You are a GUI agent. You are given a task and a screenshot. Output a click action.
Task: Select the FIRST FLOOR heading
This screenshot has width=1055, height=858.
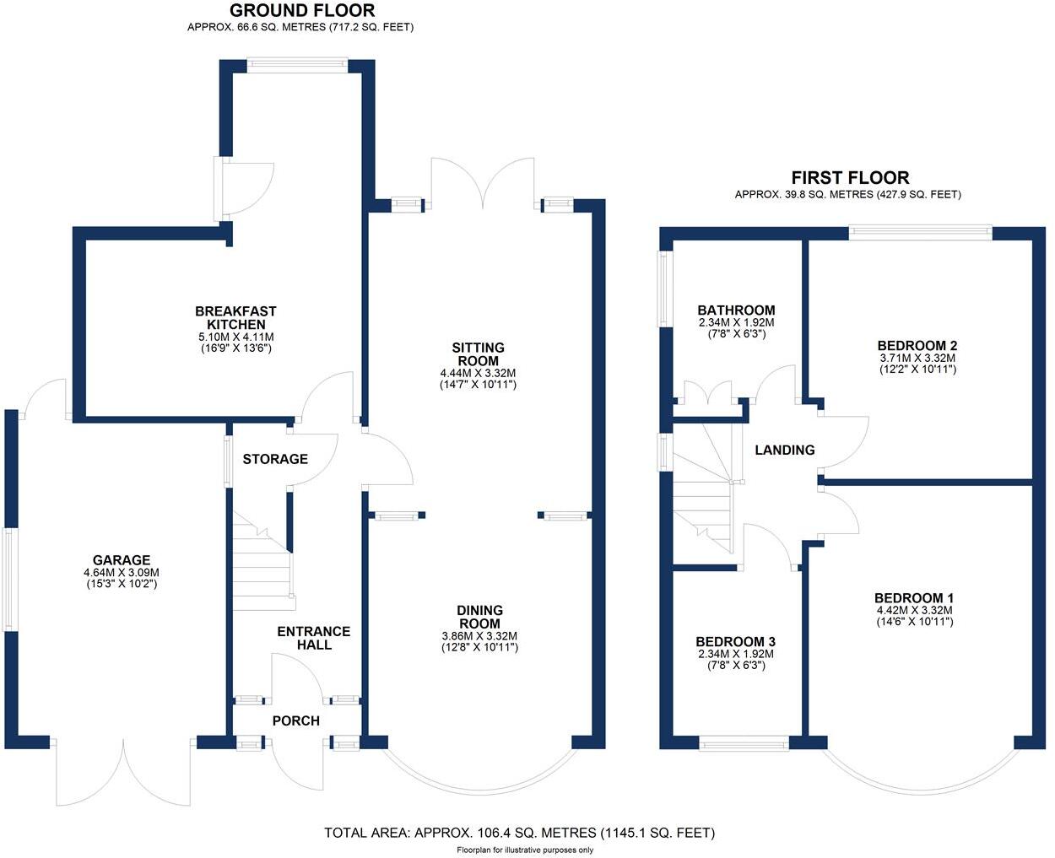pos(849,178)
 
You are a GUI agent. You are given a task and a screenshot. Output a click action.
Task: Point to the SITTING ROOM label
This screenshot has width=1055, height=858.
pos(478,354)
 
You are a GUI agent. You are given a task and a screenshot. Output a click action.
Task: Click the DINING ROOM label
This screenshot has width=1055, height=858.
pos(479,617)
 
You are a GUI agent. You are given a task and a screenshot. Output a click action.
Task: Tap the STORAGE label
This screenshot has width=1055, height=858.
pos(275,459)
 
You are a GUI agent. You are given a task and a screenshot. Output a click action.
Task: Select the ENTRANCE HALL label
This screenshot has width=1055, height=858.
pos(313,638)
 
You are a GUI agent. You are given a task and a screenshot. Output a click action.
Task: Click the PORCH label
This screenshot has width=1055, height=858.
pos(295,720)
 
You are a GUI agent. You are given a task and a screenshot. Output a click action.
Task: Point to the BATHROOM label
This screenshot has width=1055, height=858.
pos(736,310)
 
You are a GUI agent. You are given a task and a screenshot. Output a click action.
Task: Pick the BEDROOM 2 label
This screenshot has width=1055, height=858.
pos(917,346)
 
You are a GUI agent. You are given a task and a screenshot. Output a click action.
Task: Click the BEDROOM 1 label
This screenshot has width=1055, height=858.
pos(914,598)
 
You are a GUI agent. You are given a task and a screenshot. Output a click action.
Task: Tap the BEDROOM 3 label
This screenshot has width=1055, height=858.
pos(736,641)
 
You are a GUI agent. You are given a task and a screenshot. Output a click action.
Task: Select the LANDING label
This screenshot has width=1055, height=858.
pos(784,451)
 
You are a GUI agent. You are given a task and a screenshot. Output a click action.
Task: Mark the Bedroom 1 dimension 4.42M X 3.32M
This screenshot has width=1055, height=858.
pos(914,611)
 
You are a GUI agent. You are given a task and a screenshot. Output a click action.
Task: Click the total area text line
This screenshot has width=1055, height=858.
pos(519,833)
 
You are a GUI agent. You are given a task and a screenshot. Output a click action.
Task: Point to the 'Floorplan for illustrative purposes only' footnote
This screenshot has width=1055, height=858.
pos(525,850)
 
